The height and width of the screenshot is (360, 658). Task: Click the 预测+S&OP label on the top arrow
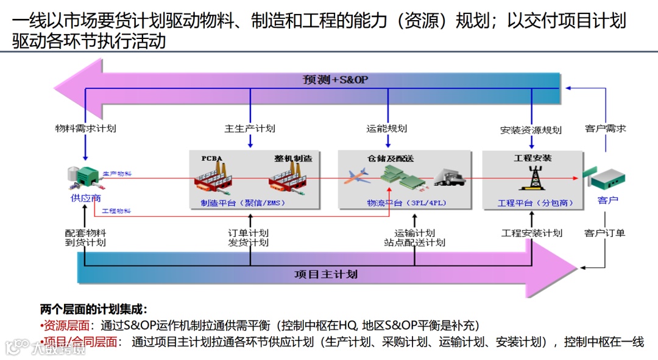335,80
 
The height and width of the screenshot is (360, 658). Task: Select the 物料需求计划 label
85,129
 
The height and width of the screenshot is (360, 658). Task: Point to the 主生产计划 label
250,129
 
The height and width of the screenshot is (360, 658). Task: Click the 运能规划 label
386,129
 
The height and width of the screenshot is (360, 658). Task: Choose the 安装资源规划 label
531,130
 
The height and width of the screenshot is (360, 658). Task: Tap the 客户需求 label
605,129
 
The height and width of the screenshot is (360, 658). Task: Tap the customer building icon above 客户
605,179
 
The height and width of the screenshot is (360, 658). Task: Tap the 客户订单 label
604,233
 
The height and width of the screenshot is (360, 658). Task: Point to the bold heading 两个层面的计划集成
94,309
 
